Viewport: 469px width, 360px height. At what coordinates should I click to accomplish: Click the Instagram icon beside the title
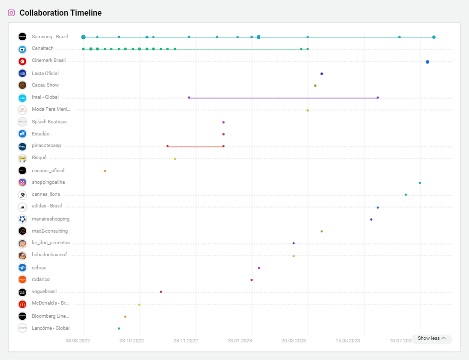[12, 13]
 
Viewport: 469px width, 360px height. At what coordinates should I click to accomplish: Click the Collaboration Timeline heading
[60, 13]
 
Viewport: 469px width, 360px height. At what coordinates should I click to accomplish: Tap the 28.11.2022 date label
[186, 341]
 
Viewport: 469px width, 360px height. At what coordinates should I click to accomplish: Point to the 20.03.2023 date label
[293, 341]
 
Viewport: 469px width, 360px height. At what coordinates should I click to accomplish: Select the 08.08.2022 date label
[78, 341]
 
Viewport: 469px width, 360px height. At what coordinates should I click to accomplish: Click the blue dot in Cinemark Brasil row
[427, 62]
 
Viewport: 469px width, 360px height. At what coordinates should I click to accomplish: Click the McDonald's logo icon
[22, 304]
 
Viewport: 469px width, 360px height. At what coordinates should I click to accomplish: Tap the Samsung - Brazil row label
[49, 37]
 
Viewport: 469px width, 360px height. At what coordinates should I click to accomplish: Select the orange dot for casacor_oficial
[105, 171]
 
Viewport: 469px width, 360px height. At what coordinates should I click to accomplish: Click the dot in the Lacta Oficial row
[322, 74]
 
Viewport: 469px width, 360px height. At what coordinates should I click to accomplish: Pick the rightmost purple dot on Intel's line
[377, 98]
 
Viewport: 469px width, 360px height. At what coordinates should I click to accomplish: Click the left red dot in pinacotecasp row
[168, 146]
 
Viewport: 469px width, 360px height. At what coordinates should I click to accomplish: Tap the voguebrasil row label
[44, 292]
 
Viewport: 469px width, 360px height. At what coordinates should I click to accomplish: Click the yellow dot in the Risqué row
[175, 159]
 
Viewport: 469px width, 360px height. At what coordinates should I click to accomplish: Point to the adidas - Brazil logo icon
[22, 207]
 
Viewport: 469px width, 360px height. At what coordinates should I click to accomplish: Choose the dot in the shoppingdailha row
[420, 183]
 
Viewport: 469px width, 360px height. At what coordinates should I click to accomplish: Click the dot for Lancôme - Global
[119, 328]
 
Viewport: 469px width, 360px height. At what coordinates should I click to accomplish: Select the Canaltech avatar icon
[22, 49]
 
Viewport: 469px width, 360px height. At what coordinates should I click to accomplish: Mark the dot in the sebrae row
[259, 268]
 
